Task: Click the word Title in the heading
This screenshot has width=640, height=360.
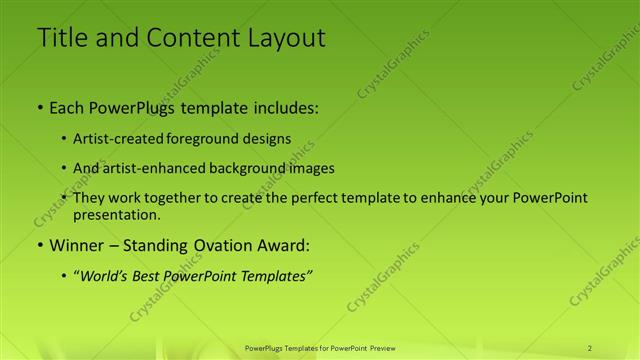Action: [x=62, y=38]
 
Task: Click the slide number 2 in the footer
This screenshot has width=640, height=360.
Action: [x=590, y=347]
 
